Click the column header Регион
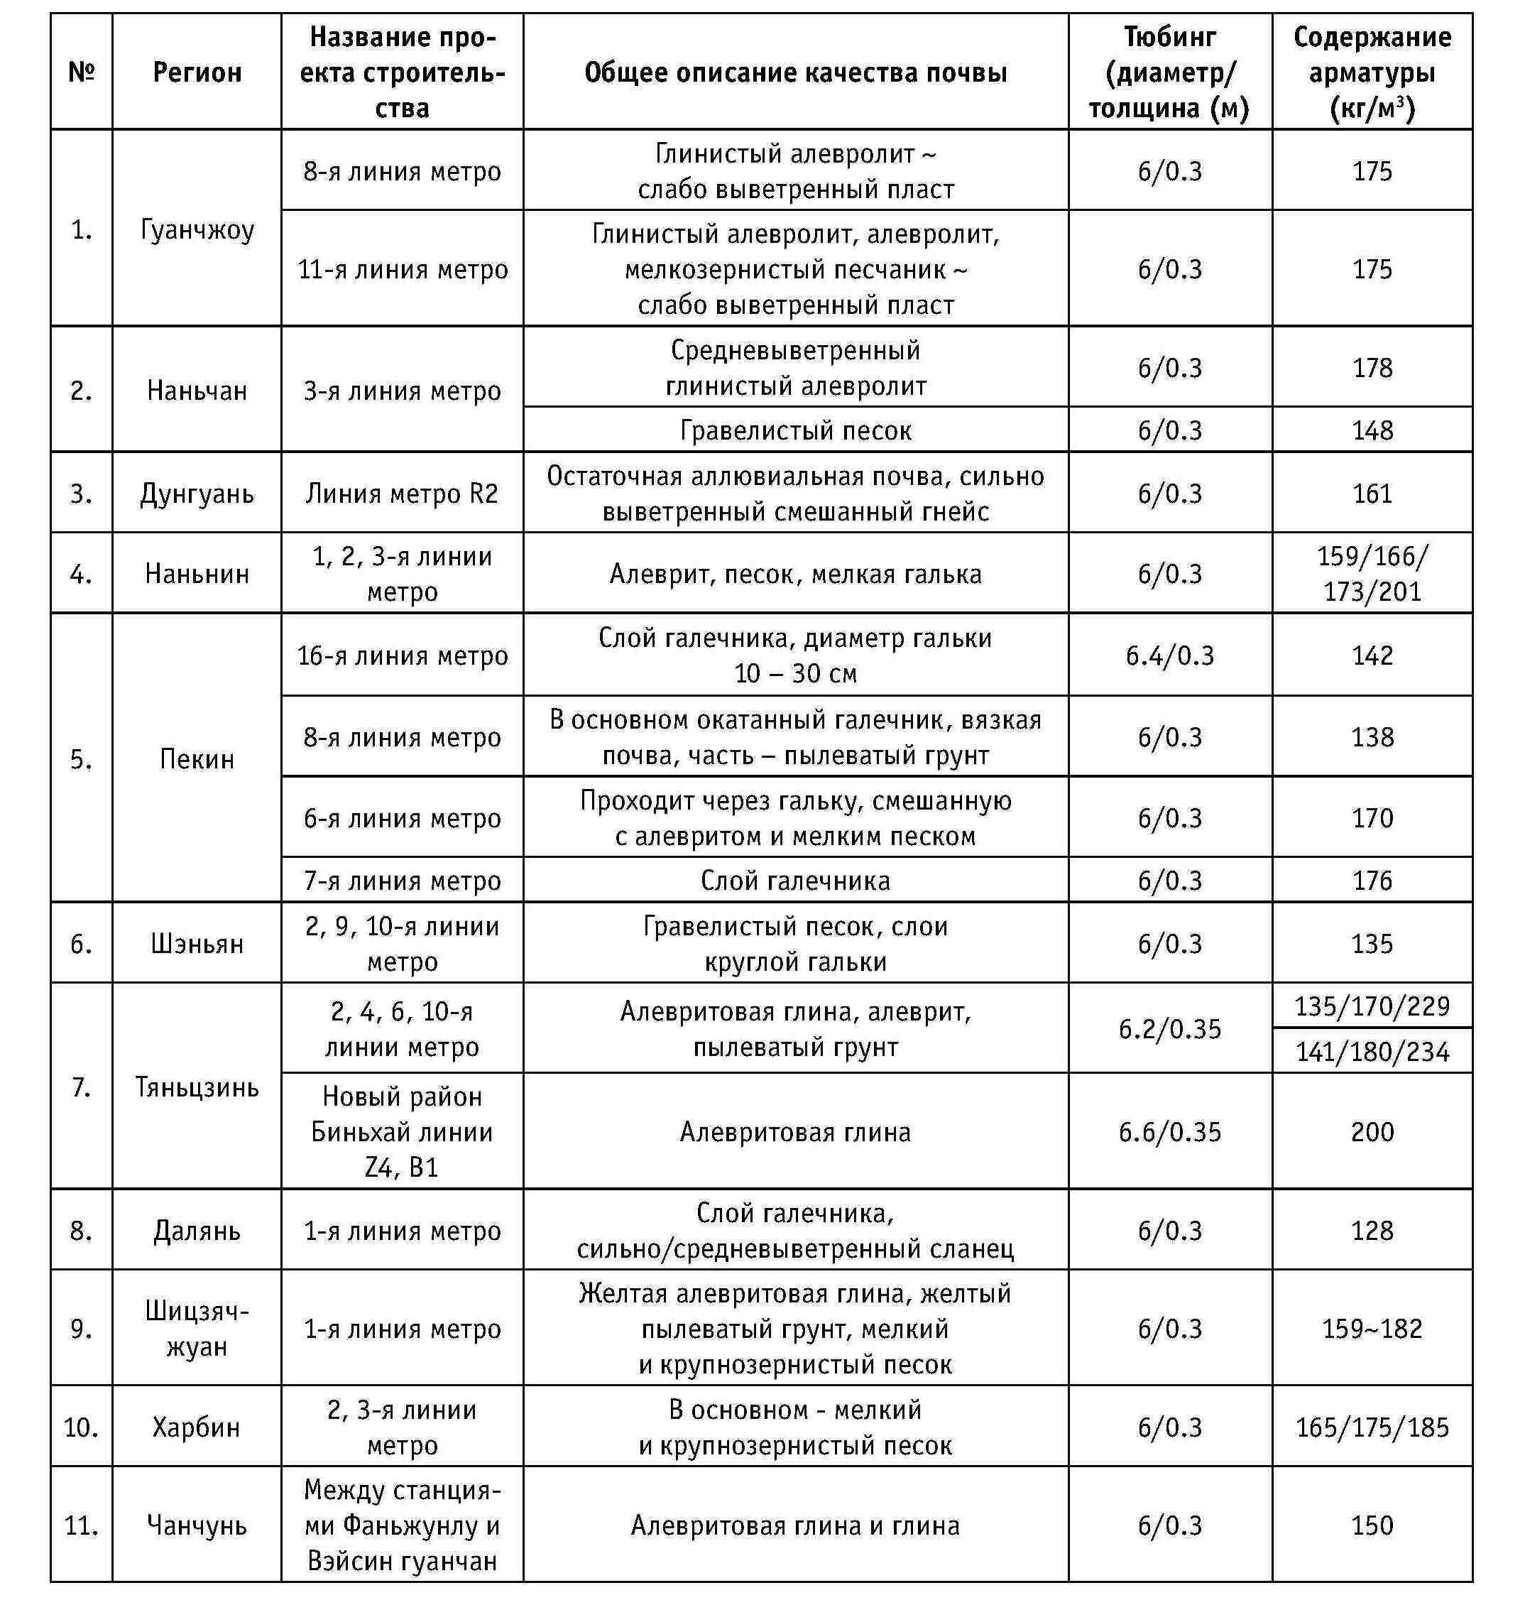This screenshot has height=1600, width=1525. pyautogui.click(x=197, y=72)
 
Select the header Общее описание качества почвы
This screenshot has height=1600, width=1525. pyautogui.click(x=795, y=72)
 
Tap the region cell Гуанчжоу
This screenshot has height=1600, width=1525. pyautogui.click(x=197, y=229)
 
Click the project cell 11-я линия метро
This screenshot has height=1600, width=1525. pyautogui.click(x=403, y=269)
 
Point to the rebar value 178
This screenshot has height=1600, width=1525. pyautogui.click(x=1372, y=367)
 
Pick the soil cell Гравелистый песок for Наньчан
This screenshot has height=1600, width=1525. pyautogui.click(x=795, y=430)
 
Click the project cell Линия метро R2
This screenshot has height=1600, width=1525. pyautogui.click(x=403, y=494)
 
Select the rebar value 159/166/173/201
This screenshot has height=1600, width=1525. pyautogui.click(x=1372, y=573)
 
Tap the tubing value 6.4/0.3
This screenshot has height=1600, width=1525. pyautogui.click(x=1170, y=655)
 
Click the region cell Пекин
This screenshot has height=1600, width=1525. pyautogui.click(x=197, y=758)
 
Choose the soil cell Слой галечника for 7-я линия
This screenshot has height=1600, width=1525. pyautogui.click(x=795, y=881)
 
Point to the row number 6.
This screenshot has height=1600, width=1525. pyautogui.click(x=81, y=943)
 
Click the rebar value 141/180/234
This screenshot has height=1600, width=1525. pyautogui.click(x=1372, y=1052)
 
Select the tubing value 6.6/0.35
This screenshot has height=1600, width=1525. pyautogui.click(x=1170, y=1132)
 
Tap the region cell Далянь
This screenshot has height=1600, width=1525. pyautogui.click(x=197, y=1230)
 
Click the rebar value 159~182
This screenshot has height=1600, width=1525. pyautogui.click(x=1372, y=1329)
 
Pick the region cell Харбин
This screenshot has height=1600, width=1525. pyautogui.click(x=197, y=1427)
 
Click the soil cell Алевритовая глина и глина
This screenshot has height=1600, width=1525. pyautogui.click(x=795, y=1525)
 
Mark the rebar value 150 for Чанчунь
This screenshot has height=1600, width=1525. pyautogui.click(x=1372, y=1525)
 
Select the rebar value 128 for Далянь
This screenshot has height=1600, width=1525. pyautogui.click(x=1372, y=1230)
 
